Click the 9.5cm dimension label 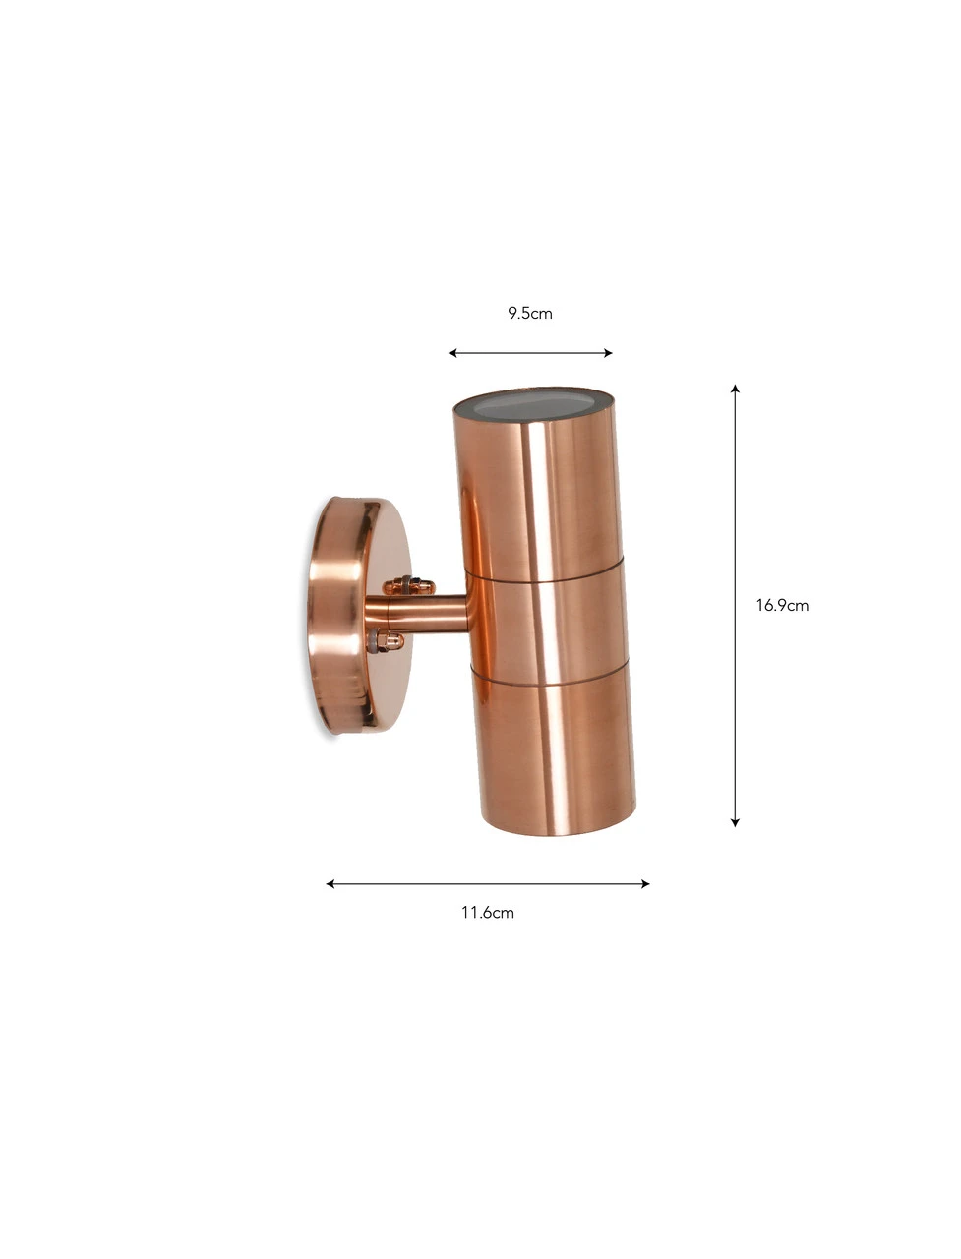529,314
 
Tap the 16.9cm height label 782,605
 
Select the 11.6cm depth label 488,913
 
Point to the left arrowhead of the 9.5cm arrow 452,353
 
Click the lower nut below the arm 386,643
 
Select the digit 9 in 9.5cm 512,314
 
